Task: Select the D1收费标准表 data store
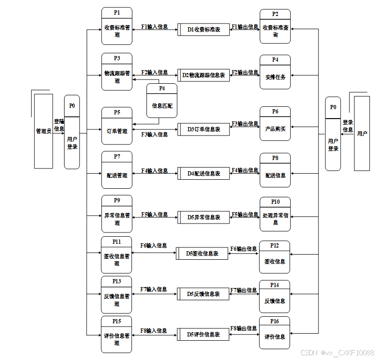[203, 30]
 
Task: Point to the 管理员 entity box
[44, 131]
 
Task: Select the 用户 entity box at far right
[362, 133]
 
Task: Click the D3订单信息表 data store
[203, 129]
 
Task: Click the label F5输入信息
[154, 215]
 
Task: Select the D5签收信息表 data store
[202, 253]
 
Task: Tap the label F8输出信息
[244, 328]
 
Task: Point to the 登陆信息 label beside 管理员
[59, 125]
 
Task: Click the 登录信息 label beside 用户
[348, 126]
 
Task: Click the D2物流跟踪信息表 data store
[203, 75]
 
